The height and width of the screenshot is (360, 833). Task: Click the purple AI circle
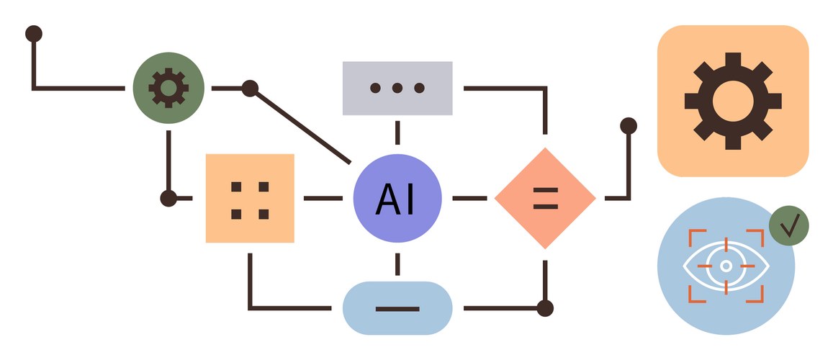point(397,198)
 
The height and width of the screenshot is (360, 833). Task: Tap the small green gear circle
point(168,88)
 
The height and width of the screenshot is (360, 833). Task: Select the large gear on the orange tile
point(733,101)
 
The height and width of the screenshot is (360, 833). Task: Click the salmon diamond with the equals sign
point(545,198)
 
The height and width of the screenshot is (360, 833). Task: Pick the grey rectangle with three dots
point(397,88)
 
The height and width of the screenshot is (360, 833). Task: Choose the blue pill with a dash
point(397,308)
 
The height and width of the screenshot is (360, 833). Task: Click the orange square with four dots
point(250,198)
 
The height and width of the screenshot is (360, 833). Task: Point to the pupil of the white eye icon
point(726,266)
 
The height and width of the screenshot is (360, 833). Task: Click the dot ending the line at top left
point(33,33)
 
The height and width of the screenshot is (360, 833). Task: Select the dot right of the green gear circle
point(250,88)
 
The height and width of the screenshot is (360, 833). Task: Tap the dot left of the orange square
point(168,198)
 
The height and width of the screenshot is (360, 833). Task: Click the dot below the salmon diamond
point(545,308)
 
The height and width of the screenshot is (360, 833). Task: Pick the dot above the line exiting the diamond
point(629,126)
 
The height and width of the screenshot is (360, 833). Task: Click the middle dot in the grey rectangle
point(397,88)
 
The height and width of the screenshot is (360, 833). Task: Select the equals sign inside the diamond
point(545,198)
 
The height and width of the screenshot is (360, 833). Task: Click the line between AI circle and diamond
point(469,198)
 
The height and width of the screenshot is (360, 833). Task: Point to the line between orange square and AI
point(323,198)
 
